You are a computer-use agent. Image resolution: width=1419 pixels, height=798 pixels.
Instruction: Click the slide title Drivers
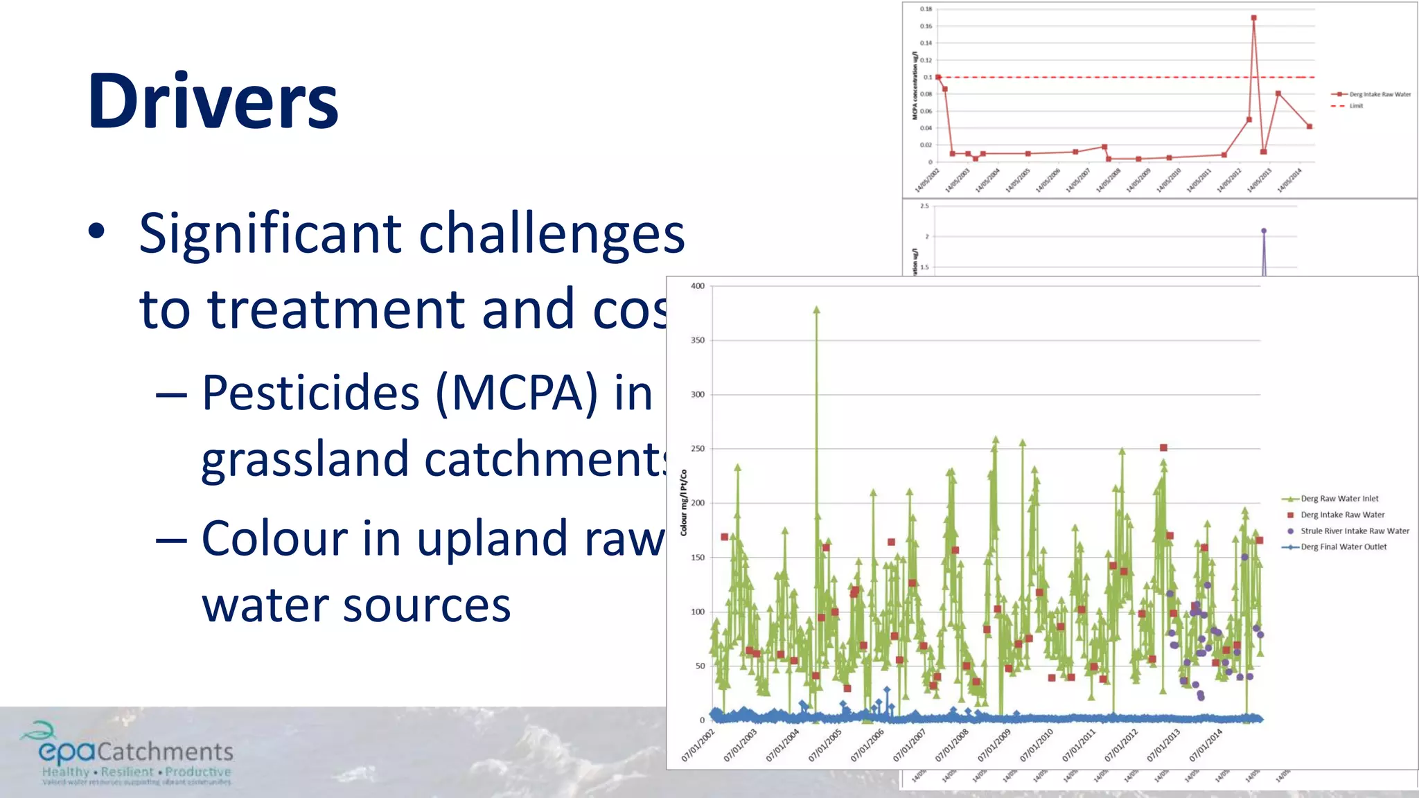point(213,101)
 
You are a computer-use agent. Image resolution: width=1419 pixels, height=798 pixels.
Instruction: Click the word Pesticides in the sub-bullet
point(310,393)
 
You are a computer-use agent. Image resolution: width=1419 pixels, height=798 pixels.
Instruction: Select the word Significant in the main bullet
point(270,233)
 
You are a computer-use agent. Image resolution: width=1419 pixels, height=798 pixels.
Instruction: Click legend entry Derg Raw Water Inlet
point(1339,499)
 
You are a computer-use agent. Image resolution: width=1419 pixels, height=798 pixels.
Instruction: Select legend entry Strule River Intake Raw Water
point(1354,531)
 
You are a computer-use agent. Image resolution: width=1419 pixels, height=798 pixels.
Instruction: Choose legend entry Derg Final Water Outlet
point(1343,547)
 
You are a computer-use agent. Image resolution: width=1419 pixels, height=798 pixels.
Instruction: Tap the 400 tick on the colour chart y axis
point(697,286)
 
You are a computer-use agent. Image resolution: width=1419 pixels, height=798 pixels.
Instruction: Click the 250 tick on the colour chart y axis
point(697,449)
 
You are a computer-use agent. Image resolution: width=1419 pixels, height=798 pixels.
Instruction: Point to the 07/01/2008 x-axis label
point(953,745)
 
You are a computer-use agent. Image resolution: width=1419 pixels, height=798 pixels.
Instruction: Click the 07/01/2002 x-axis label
point(698,745)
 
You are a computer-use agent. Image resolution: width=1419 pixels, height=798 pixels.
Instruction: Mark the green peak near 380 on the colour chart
point(817,310)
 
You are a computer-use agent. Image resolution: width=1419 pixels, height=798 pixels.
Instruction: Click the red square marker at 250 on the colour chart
point(1163,448)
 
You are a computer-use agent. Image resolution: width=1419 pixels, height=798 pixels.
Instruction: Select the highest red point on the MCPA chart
point(1253,19)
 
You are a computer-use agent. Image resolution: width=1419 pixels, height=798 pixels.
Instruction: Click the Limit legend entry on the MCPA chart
point(1355,106)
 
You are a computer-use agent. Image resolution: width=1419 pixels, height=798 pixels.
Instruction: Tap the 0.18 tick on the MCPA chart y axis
point(926,9)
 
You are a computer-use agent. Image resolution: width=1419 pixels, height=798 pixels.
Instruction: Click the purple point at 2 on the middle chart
point(1264,231)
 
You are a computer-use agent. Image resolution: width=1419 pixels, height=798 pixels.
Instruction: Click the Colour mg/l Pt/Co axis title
point(684,502)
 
